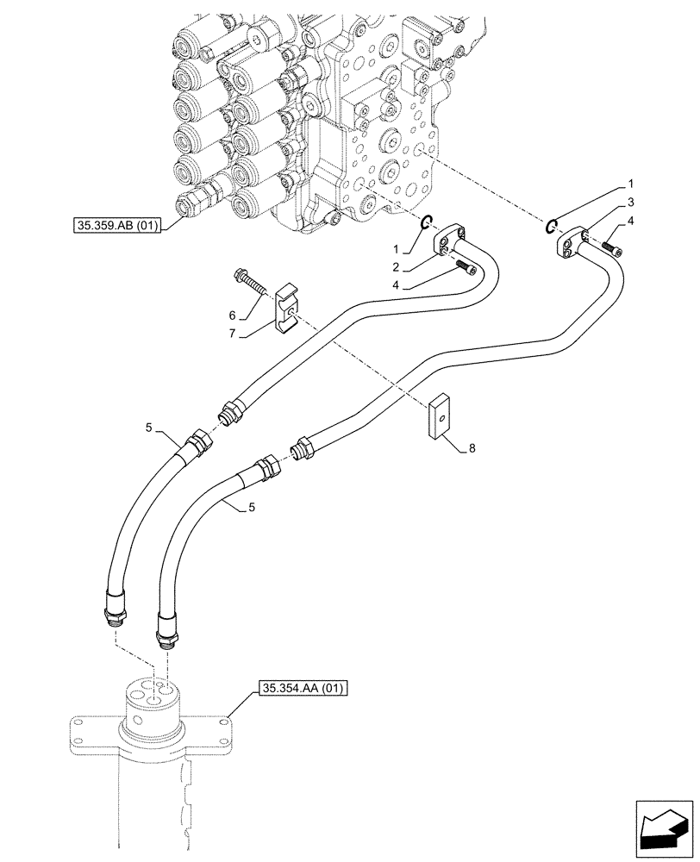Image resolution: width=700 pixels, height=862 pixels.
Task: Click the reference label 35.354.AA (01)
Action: point(302,689)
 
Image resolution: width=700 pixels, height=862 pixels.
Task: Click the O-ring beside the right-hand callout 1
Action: point(550,227)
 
